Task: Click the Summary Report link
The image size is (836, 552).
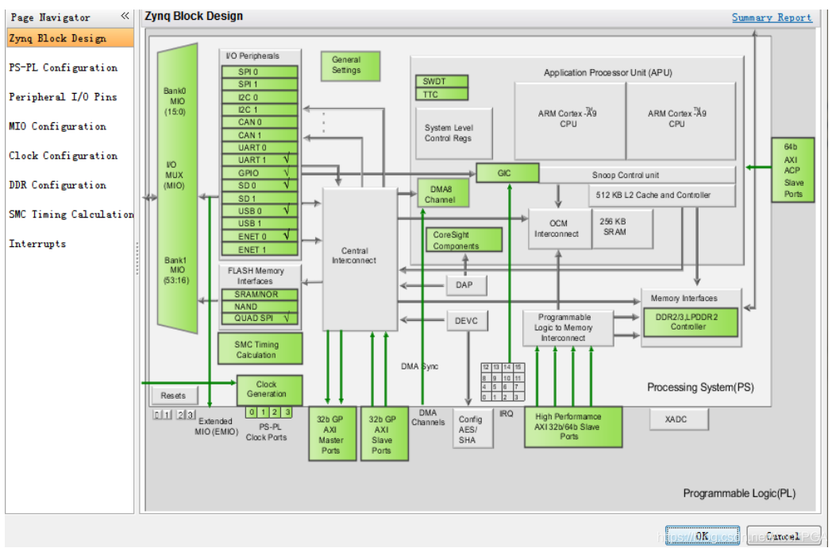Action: (x=771, y=17)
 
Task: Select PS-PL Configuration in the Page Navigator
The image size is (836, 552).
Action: (x=63, y=68)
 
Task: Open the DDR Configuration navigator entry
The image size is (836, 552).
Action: (x=57, y=185)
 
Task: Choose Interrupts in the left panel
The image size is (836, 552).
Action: (x=37, y=244)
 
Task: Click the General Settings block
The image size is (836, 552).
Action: (x=345, y=65)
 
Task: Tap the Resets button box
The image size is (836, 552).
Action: (x=173, y=395)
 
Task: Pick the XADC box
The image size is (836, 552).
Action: (x=678, y=419)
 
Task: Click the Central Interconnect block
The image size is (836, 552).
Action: (x=360, y=256)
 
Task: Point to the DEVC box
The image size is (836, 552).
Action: (x=466, y=321)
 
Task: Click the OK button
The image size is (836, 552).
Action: (x=702, y=536)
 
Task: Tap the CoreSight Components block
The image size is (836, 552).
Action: (x=465, y=240)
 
